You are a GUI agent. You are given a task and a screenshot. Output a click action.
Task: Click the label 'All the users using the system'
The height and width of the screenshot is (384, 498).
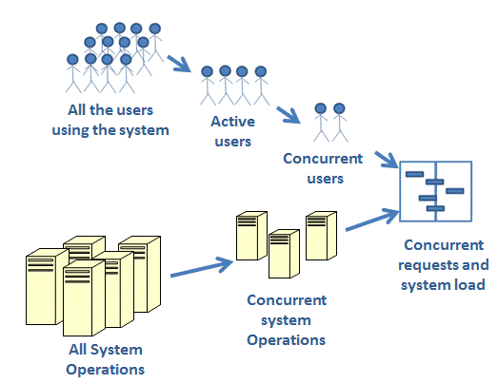tap(110, 121)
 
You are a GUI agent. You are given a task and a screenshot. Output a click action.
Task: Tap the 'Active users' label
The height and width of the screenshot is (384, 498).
tap(231, 132)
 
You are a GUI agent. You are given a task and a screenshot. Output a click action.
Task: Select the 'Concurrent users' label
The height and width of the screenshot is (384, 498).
tap(323, 166)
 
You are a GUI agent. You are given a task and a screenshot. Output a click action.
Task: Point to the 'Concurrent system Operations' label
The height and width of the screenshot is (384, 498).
tap(286, 319)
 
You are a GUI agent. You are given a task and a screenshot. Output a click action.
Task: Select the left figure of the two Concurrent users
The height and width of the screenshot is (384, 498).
tap(321, 121)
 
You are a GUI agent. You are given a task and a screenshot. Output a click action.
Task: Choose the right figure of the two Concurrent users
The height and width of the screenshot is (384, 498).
tap(340, 121)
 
